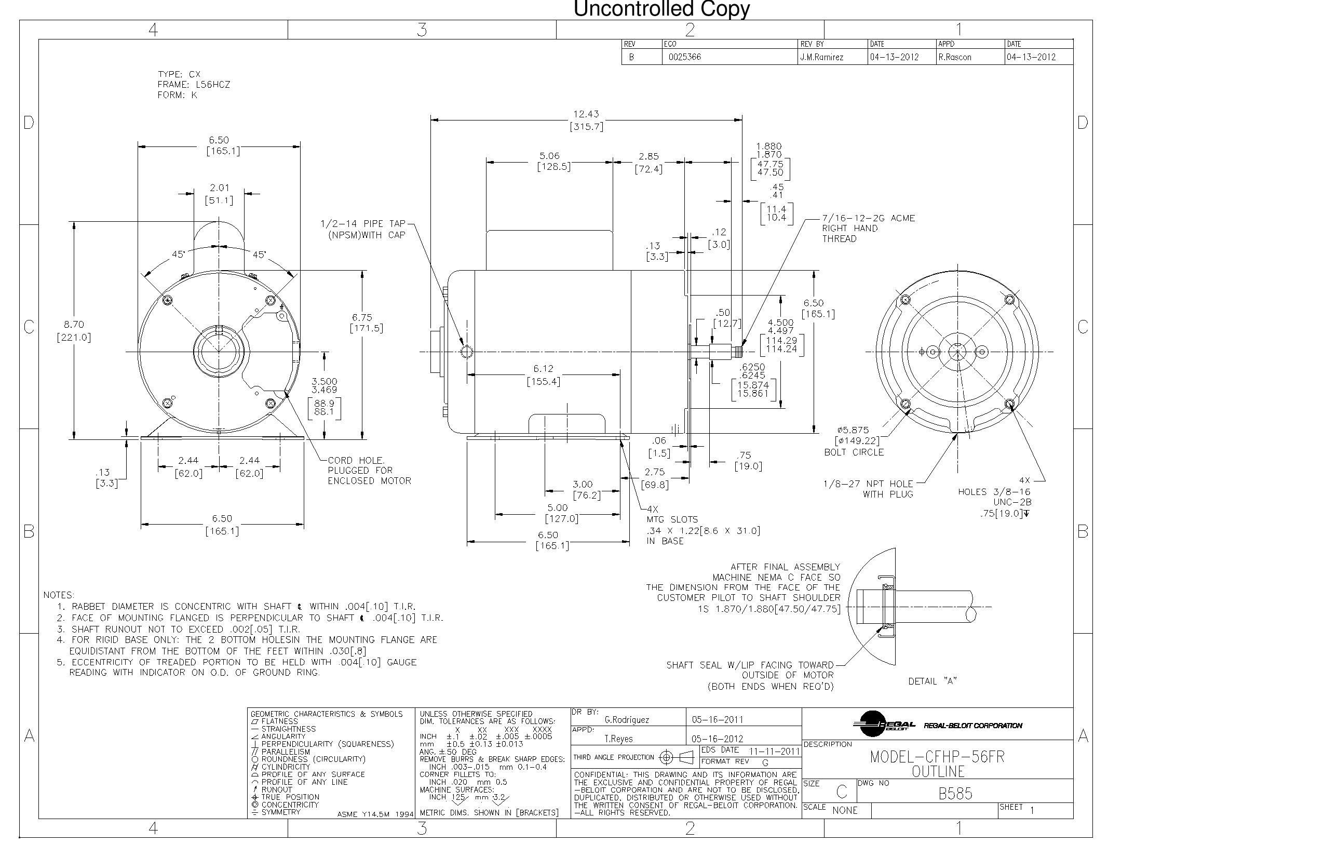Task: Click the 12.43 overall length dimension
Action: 586,114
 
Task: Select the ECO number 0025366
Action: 684,57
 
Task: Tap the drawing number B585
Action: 955,794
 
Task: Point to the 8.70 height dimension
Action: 73,325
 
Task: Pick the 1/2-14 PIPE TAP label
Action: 363,224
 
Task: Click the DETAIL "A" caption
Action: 933,681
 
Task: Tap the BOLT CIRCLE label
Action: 854,452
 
